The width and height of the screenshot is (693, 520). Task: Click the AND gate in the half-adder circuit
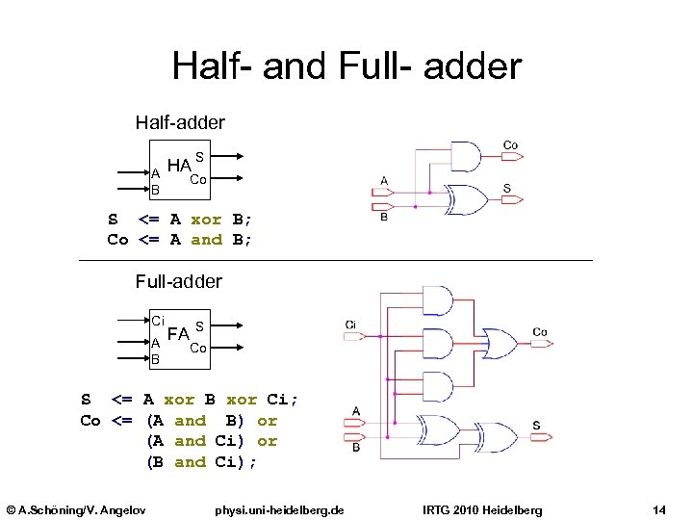coord(465,157)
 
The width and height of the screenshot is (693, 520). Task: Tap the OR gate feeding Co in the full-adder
coord(498,342)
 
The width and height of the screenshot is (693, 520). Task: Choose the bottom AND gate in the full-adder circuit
coord(437,386)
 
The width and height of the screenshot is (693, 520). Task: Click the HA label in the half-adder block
coord(178,166)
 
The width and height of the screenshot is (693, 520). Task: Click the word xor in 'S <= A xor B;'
coord(206,219)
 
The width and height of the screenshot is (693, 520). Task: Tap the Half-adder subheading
coord(180,122)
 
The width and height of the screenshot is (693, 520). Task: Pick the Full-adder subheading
coord(178,281)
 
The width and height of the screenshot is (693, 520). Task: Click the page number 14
coord(659,508)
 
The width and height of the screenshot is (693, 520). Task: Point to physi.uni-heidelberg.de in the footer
coord(279,508)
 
